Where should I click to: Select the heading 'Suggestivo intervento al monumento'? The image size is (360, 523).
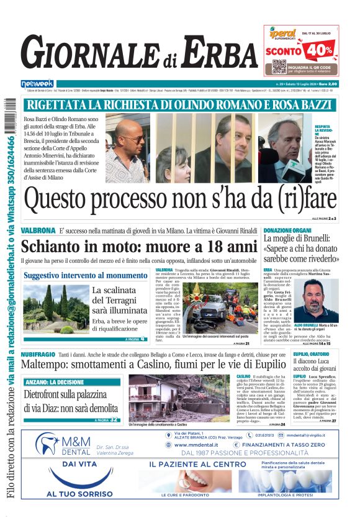click(x=85, y=275)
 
